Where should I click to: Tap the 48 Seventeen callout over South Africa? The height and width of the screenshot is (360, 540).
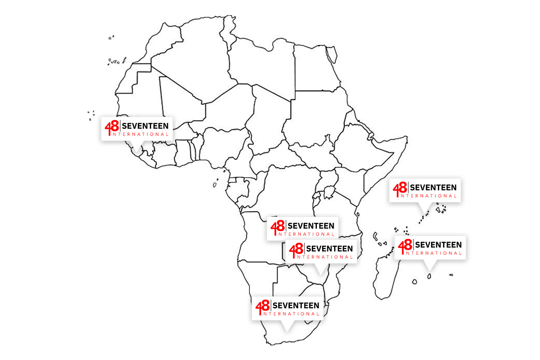click(x=287, y=308)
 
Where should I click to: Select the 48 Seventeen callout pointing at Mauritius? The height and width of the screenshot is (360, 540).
click(x=430, y=247)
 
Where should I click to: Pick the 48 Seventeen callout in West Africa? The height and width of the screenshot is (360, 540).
click(x=137, y=128)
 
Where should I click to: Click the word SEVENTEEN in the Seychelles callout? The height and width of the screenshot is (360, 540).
click(x=433, y=187)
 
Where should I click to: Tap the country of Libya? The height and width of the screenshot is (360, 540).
click(x=263, y=69)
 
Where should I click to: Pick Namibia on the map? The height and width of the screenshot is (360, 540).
click(x=254, y=284)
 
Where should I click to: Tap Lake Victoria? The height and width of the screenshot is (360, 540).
click(x=329, y=191)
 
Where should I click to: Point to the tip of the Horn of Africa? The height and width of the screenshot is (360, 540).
click(x=406, y=139)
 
